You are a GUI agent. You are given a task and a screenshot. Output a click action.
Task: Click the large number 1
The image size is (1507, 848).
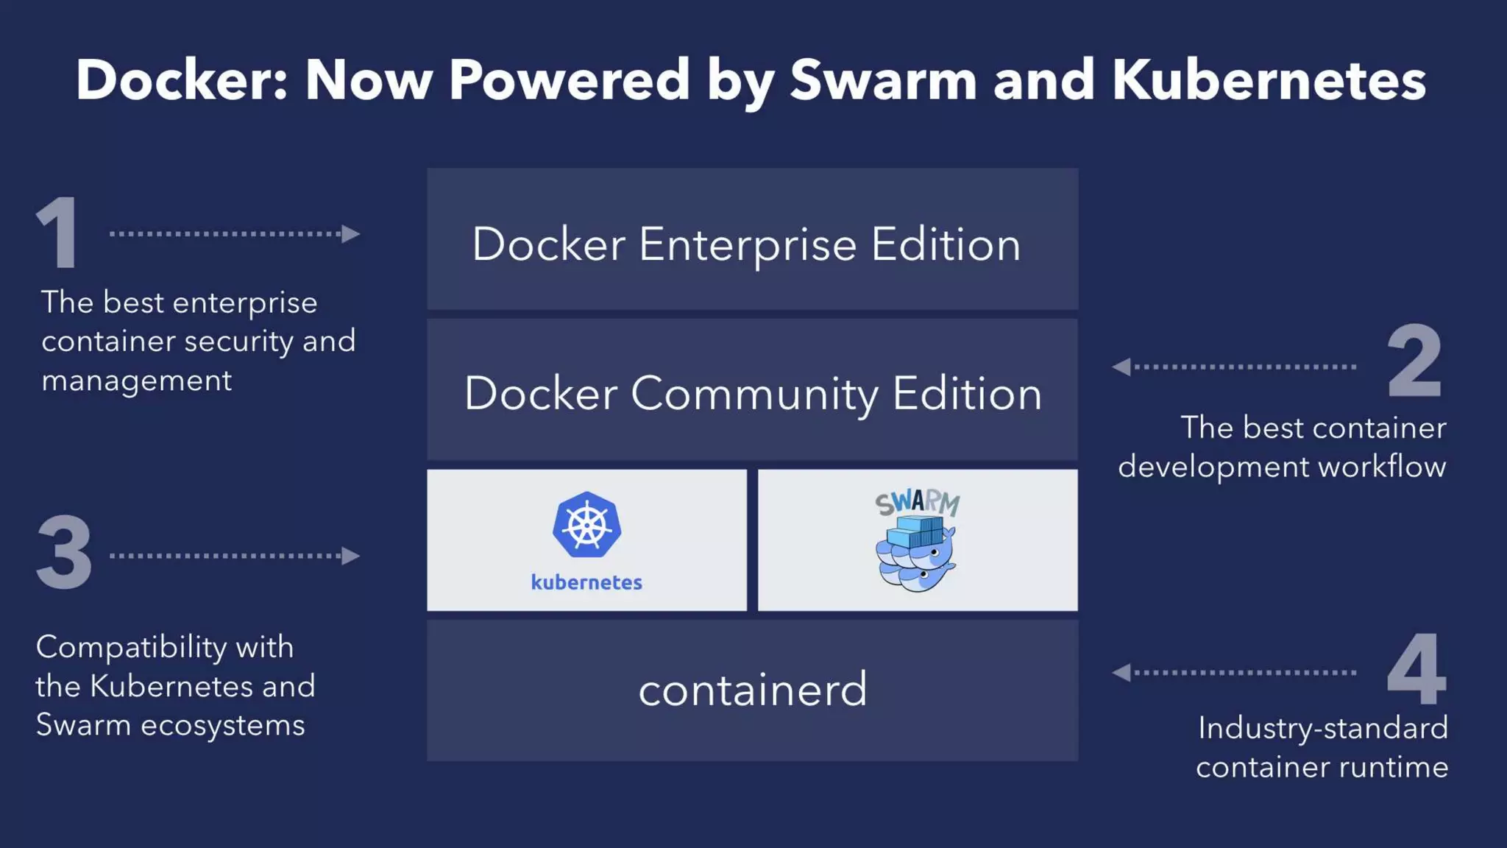(57, 233)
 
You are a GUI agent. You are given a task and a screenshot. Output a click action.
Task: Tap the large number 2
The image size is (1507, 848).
(1414, 361)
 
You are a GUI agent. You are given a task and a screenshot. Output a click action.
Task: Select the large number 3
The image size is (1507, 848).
(64, 553)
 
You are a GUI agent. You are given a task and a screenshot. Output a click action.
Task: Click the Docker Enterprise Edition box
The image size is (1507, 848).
(752, 239)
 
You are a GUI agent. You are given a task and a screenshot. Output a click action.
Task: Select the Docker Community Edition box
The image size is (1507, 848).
(752, 390)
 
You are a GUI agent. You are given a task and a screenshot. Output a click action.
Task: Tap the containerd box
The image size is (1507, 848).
(752, 690)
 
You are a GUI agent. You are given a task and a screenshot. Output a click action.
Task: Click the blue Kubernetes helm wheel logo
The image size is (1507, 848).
(586, 525)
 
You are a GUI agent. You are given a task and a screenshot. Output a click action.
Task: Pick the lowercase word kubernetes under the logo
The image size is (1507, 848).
(586, 582)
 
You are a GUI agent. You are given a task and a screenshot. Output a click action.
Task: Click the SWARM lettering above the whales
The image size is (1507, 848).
(918, 504)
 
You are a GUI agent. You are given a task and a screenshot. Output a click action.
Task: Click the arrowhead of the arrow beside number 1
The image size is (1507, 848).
(351, 234)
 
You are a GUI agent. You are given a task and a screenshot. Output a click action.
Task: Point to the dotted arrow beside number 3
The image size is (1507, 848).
(234, 556)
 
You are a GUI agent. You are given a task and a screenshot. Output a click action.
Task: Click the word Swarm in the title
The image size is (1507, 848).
(883, 79)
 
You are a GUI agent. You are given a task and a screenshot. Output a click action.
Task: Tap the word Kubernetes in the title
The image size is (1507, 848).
(1269, 79)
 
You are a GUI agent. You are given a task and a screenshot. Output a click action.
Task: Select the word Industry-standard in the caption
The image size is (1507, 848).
(1322, 728)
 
